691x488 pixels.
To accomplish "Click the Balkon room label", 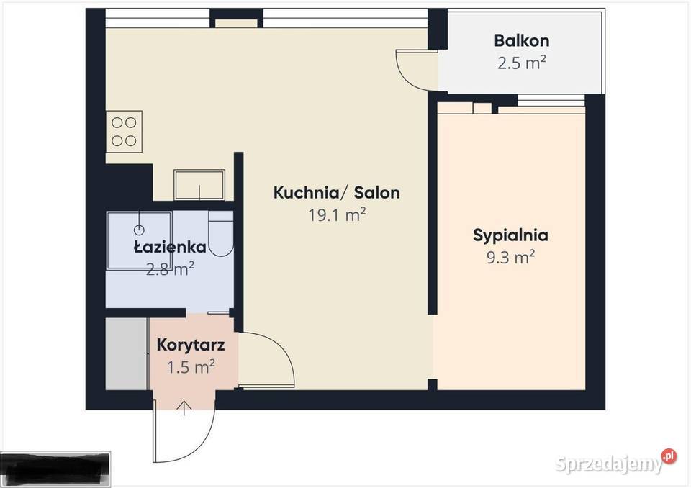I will pyautogui.click(x=521, y=40).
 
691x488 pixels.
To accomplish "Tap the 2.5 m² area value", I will pyautogui.click(x=521, y=63).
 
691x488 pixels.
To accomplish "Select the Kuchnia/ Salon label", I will pyautogui.click(x=336, y=193).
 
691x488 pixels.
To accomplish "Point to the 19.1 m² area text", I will pyautogui.click(x=336, y=215).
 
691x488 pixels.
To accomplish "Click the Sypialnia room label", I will pyautogui.click(x=510, y=235).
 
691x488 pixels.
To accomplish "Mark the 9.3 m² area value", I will pyautogui.click(x=510, y=257).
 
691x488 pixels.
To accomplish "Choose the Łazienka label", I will pyautogui.click(x=170, y=248).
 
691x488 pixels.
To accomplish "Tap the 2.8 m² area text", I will pyautogui.click(x=170, y=269).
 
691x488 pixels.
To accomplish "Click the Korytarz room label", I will pyautogui.click(x=191, y=344).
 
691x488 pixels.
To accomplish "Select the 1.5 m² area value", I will pyautogui.click(x=191, y=367).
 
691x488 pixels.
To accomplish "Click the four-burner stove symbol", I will pyautogui.click(x=124, y=131).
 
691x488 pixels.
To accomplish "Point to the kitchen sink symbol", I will pyautogui.click(x=199, y=185).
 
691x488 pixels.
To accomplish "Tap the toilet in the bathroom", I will pyautogui.click(x=221, y=235).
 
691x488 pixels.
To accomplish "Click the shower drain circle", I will pyautogui.click(x=140, y=230).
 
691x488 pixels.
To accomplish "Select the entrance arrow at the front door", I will pyautogui.click(x=184, y=408).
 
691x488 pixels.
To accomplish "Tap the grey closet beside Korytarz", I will pyautogui.click(x=127, y=354).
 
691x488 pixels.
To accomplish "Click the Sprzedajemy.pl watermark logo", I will pyautogui.click(x=616, y=462).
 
